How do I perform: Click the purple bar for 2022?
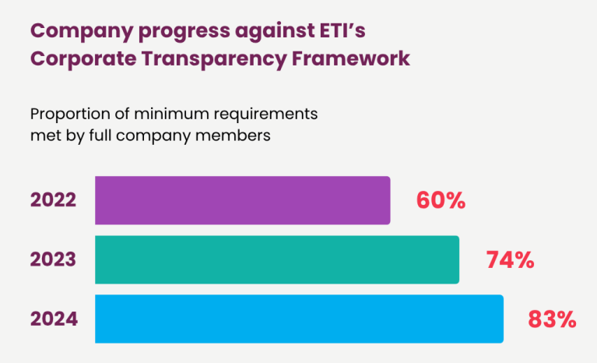point(242,200)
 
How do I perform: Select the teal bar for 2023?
point(277,259)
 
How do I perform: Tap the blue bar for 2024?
point(299,319)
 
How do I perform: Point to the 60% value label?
point(441,201)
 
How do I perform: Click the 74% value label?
point(510,260)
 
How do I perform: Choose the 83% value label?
point(552,319)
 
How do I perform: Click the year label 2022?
point(54,200)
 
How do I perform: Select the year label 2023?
point(54,259)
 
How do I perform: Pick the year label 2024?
point(54,319)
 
